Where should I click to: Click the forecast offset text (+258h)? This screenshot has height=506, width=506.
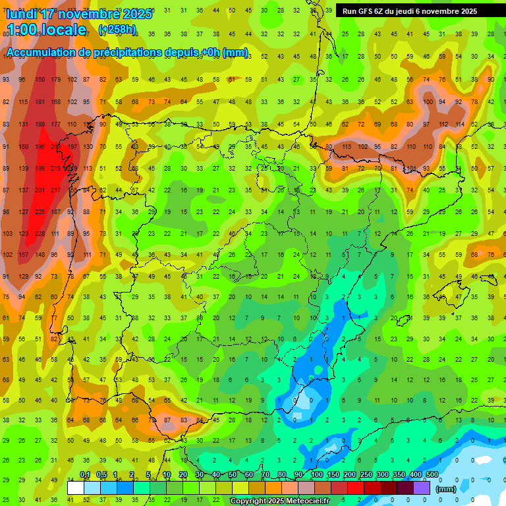tap(117, 30)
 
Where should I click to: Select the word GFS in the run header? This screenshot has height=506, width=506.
tap(366, 11)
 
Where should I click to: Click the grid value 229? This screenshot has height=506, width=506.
tap(40, 212)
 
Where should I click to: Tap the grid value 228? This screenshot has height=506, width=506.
tap(40, 234)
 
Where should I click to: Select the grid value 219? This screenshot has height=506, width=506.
tap(57, 169)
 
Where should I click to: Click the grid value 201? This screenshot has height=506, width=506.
tap(40, 190)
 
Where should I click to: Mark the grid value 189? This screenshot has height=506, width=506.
tap(40, 124)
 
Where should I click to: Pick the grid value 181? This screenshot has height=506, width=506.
tap(40, 101)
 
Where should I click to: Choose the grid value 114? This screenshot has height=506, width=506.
tap(459, 124)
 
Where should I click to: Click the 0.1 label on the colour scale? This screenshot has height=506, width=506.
tap(84, 475)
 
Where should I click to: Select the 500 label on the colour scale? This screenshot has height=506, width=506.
tap(432, 475)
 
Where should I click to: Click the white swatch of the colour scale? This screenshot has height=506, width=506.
tap(76, 488)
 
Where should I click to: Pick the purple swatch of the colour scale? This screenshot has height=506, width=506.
tap(422, 488)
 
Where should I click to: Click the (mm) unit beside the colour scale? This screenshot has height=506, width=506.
tap(446, 490)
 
